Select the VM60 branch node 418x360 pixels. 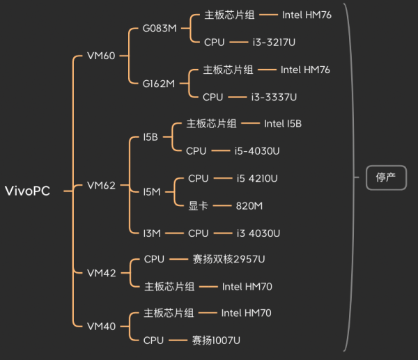tap(101, 56)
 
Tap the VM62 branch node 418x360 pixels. tap(101, 185)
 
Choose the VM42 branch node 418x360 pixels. tap(101, 273)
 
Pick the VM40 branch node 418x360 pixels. tap(101, 326)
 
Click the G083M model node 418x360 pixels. tap(160, 29)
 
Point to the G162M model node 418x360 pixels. tap(159, 83)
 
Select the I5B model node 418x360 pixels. tap(150, 137)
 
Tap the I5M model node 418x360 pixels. tap(151, 191)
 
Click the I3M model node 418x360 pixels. tap(151, 233)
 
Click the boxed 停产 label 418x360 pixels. tap(386, 178)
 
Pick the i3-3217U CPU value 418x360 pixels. tap(274, 42)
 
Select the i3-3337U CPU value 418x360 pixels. tap(274, 97)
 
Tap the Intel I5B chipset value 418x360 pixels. tap(283, 123)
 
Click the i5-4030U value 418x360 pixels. tap(257, 150)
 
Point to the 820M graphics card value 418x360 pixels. tap(249, 205)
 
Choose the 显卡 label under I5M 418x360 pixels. tap(198, 205)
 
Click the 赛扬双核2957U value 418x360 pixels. tap(229, 260)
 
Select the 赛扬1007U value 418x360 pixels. tap(216, 341)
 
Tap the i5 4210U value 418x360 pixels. tap(257, 178)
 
